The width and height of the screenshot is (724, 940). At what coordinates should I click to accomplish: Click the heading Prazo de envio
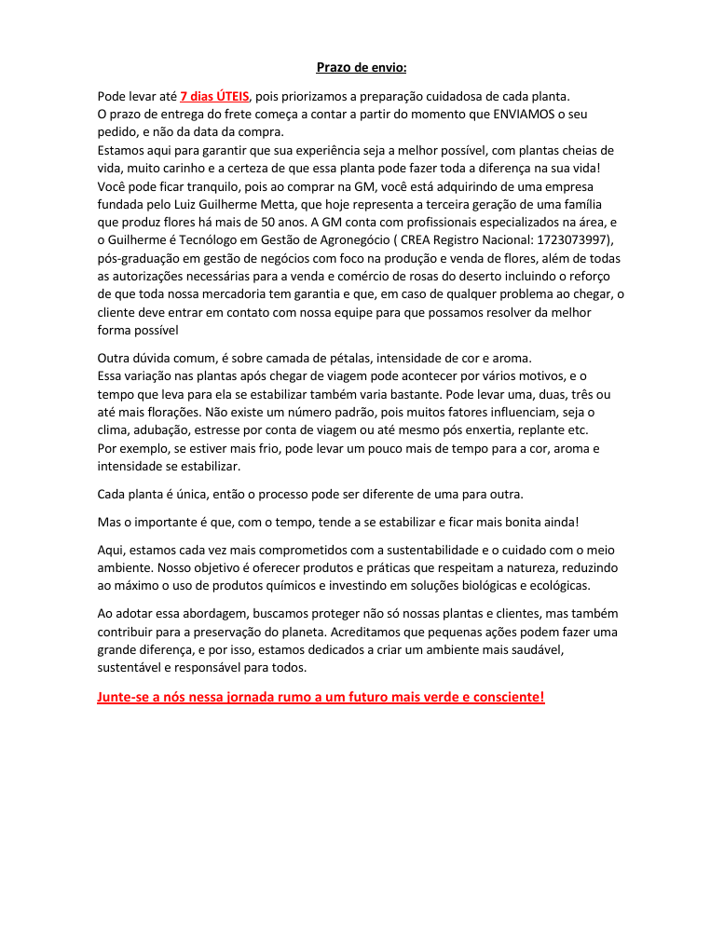[x=362, y=67]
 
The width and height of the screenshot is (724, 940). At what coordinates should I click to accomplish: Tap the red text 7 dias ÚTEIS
[x=214, y=96]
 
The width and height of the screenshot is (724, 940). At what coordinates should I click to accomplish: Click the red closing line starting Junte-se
[x=321, y=697]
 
